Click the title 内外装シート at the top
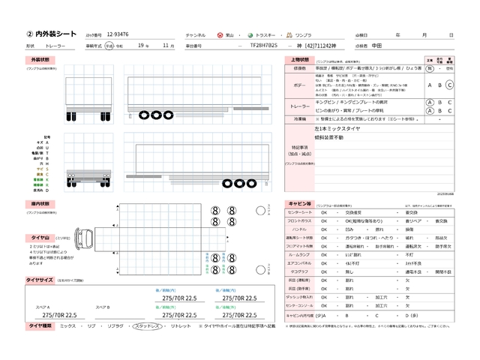point(52,34)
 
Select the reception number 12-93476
point(118,35)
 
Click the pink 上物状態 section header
point(299,58)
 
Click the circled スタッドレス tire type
point(150,326)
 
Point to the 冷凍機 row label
point(300,118)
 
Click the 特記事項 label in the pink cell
point(300,148)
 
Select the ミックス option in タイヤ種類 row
point(67,326)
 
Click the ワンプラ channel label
point(304,35)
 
